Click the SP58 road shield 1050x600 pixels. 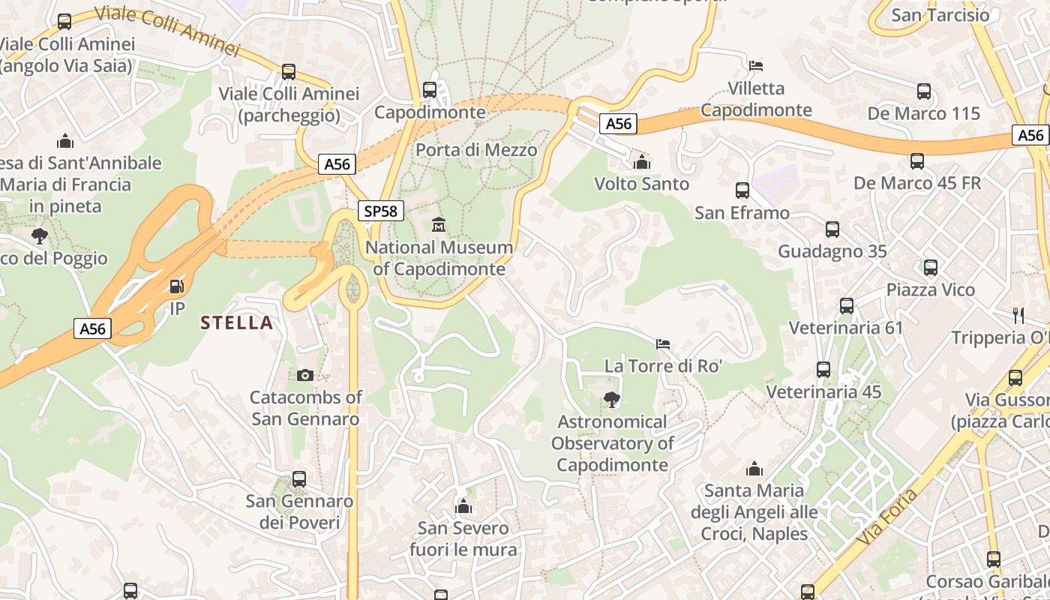[380, 211]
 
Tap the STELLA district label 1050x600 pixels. [236, 323]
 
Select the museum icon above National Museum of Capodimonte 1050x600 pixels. [439, 224]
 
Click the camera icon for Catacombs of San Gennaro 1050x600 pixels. [305, 375]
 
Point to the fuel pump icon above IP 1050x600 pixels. [176, 286]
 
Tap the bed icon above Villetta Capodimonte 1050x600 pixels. [756, 66]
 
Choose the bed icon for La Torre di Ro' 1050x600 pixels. [663, 344]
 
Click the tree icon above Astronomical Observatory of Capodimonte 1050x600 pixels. [612, 400]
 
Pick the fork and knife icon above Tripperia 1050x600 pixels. [1018, 315]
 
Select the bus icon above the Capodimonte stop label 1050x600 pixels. [430, 90]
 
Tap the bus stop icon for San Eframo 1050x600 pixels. [742, 190]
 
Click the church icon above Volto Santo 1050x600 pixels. [641, 162]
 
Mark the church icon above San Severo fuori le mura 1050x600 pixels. [463, 506]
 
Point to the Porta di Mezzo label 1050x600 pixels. [476, 150]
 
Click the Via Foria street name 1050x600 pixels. [886, 517]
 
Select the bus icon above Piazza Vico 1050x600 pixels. [931, 268]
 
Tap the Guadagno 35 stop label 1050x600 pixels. [832, 251]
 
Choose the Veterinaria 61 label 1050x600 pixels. [846, 328]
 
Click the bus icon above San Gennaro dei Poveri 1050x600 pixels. [299, 478]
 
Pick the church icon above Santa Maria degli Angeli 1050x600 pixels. [754, 469]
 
